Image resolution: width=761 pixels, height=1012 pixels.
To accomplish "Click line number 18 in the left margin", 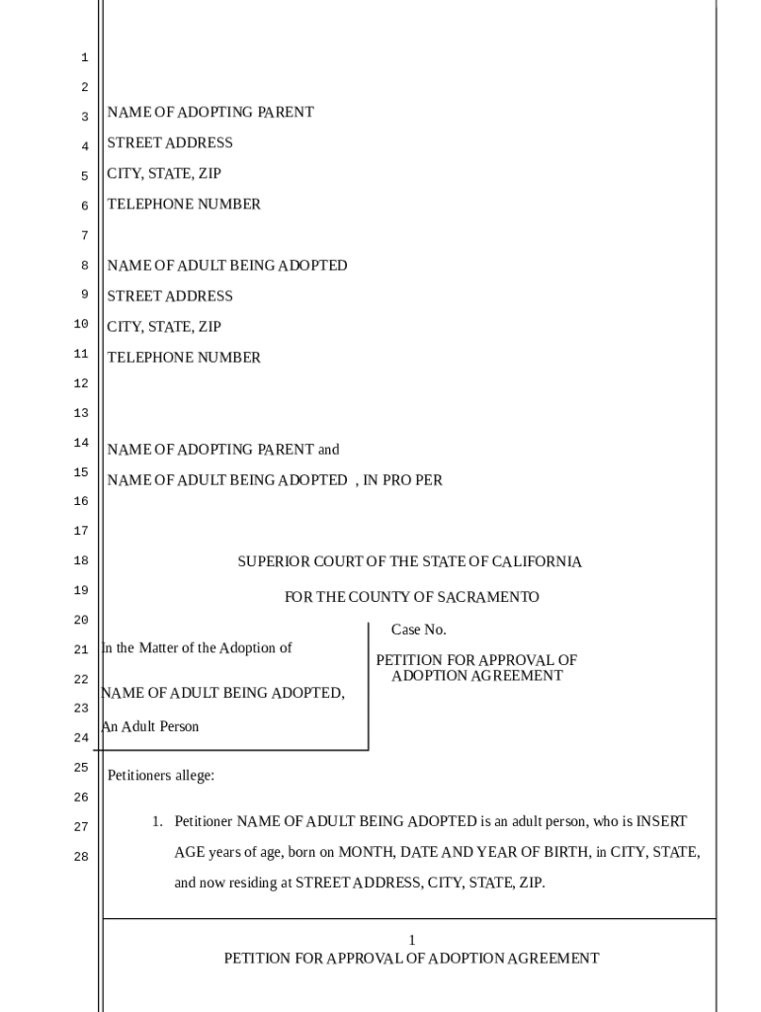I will (x=81, y=561).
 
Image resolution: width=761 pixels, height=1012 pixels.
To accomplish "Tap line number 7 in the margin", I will (x=84, y=235).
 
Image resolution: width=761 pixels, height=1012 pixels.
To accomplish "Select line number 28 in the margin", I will (x=81, y=857).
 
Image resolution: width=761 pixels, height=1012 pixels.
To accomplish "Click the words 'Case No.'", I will (x=419, y=630).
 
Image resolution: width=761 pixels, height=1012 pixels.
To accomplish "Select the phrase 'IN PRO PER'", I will (x=403, y=480).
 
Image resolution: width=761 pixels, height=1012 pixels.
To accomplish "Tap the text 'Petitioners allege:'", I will (x=160, y=776).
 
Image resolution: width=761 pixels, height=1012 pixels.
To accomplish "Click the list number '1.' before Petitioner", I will (x=156, y=821).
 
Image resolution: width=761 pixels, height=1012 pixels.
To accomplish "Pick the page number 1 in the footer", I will (x=412, y=940).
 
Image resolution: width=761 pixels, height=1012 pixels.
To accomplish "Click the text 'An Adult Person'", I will (x=150, y=726).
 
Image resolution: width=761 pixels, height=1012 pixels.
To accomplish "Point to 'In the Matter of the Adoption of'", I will (x=198, y=648).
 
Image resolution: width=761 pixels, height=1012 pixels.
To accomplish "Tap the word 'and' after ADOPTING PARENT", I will (x=328, y=450).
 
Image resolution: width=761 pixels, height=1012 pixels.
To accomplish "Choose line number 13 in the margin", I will (x=81, y=413).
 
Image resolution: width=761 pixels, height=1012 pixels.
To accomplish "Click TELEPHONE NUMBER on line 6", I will (x=184, y=205).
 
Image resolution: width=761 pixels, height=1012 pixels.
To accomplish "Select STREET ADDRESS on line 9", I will (x=170, y=296).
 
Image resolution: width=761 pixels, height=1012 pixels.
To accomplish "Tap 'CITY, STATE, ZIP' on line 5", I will (x=164, y=174).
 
